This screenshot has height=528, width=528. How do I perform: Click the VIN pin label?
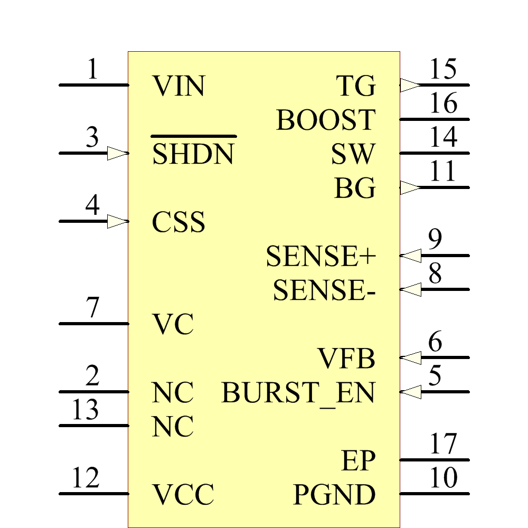(178, 86)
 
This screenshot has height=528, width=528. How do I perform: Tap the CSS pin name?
(178, 222)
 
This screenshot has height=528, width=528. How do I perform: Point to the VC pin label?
(173, 324)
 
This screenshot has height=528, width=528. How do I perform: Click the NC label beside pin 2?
(173, 392)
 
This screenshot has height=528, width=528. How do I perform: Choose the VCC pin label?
(183, 495)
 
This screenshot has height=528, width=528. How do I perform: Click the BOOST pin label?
(325, 120)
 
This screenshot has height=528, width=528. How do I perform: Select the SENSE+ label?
(320, 257)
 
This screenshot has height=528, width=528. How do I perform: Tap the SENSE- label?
(324, 290)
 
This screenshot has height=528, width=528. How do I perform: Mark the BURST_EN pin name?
(298, 392)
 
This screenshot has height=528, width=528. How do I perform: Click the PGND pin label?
(334, 495)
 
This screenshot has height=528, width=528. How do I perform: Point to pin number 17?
(443, 444)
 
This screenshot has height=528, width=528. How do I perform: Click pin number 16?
(443, 103)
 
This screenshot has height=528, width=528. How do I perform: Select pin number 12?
(86, 478)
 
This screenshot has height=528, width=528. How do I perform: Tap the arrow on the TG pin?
(410, 85)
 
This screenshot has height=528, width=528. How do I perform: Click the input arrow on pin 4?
(118, 221)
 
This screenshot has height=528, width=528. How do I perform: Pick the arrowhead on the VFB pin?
(410, 358)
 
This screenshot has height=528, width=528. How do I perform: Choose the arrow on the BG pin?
(410, 187)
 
